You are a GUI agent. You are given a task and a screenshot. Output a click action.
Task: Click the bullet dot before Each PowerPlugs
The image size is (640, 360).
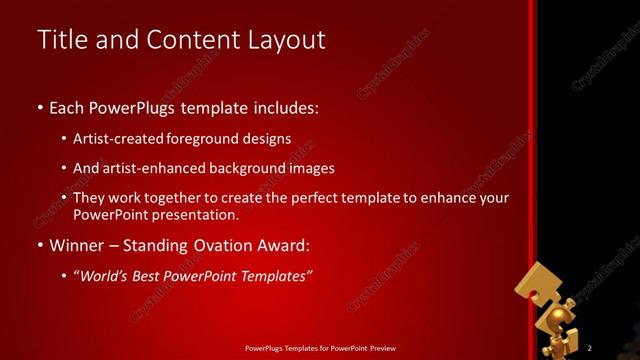pos(40,106)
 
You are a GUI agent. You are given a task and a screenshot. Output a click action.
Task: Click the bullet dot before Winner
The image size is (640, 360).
pos(40,245)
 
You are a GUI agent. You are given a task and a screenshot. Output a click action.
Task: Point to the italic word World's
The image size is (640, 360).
pos(105,275)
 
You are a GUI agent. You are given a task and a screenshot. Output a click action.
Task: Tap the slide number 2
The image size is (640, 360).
pos(590,347)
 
